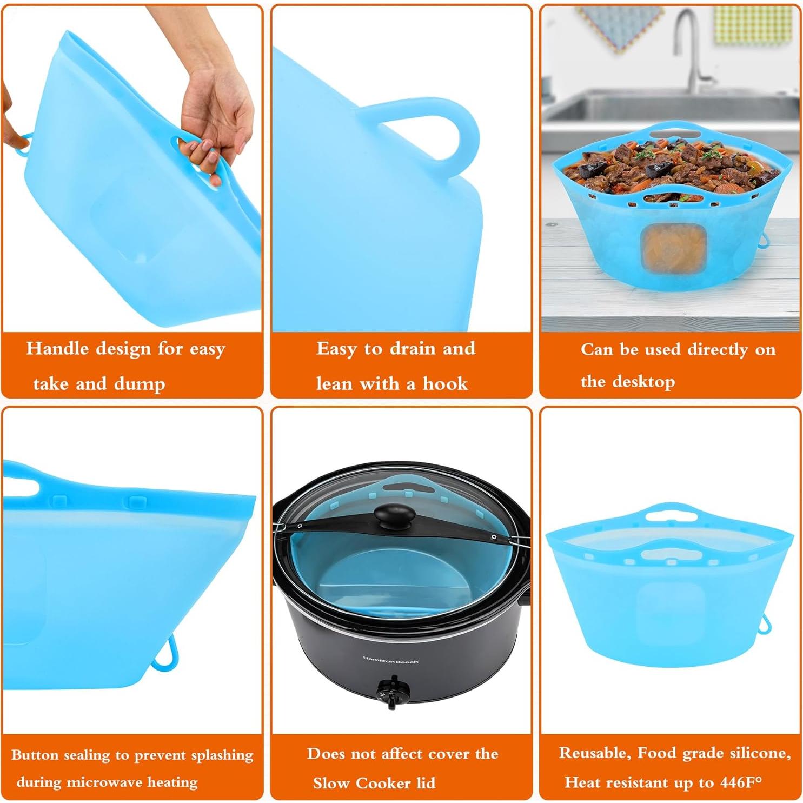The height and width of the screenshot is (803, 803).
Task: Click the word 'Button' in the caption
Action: pos(34,755)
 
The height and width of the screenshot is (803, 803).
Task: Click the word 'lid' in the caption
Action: pos(426,783)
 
